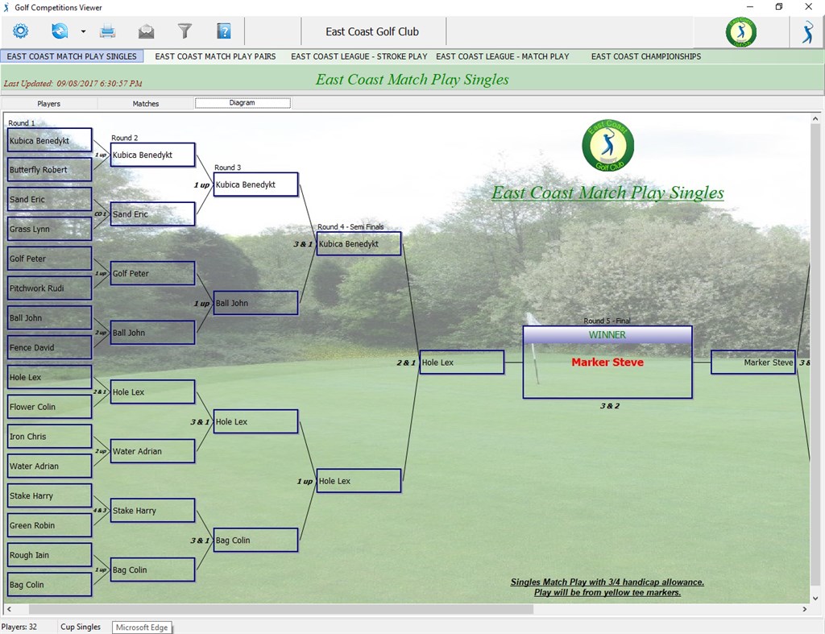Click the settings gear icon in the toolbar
(20, 31)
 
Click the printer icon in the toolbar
(107, 31)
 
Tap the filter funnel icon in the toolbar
(184, 31)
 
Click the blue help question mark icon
(224, 31)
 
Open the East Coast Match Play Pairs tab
(215, 56)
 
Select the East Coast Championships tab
(645, 56)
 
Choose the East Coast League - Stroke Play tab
(359, 56)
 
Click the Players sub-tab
(48, 103)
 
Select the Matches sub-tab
(146, 103)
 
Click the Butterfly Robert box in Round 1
(49, 170)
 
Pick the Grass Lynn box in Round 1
(49, 229)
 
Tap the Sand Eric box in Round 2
(152, 214)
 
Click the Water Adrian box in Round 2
(152, 451)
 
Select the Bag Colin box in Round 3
(255, 541)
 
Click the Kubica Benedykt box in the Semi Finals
(359, 244)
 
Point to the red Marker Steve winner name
(607, 363)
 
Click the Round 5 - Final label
(607, 321)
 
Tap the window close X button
(808, 7)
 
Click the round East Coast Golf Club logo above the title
(607, 146)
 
